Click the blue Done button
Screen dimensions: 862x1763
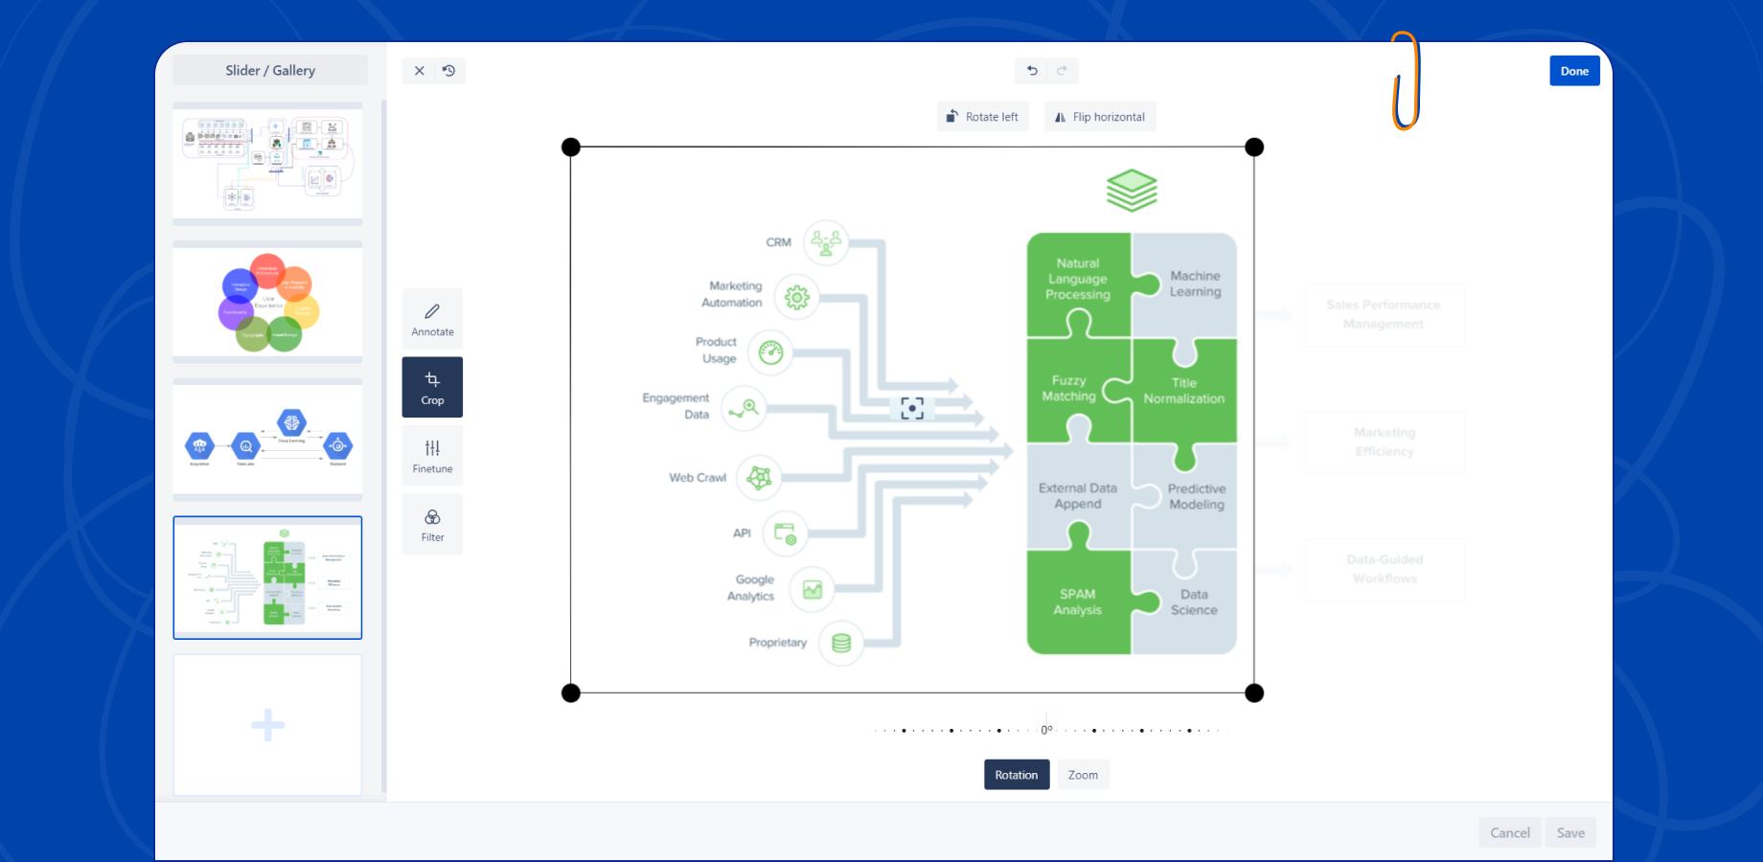click(1574, 71)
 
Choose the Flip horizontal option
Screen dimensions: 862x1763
click(1099, 117)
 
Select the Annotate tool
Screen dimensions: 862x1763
click(432, 319)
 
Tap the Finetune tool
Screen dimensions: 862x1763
click(432, 456)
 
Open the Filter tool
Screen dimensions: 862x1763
click(432, 525)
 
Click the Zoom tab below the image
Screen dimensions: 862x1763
click(1083, 775)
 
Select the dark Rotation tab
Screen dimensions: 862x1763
click(1016, 775)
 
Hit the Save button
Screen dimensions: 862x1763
click(1569, 832)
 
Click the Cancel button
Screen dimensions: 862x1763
click(1509, 832)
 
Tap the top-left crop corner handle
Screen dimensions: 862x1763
click(571, 147)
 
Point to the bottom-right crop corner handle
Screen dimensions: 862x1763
click(1254, 692)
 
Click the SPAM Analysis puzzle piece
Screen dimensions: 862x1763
click(1078, 601)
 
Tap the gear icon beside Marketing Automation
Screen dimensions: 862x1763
click(796, 298)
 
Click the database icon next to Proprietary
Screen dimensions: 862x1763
click(841, 643)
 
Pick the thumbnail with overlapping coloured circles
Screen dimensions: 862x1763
click(267, 302)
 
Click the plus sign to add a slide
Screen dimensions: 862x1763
click(267, 725)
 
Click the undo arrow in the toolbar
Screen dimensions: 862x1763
click(1032, 71)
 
